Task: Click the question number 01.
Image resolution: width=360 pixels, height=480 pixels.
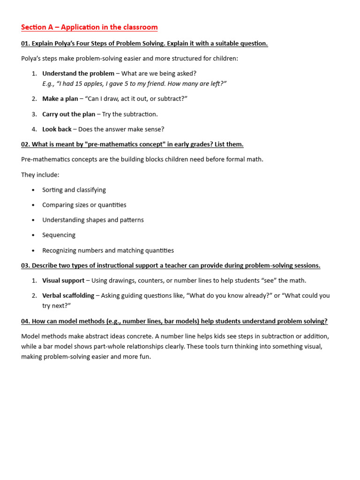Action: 25,44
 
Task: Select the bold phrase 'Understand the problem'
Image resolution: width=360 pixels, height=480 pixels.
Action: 78,74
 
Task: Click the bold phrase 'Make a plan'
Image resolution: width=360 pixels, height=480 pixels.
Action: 60,99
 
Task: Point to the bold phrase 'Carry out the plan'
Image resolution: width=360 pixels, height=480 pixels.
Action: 68,114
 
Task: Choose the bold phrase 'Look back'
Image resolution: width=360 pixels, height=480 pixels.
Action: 57,129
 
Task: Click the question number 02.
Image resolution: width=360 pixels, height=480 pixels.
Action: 25,144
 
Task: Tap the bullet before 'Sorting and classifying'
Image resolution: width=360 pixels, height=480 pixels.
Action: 33,190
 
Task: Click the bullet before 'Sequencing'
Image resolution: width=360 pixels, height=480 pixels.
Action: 33,235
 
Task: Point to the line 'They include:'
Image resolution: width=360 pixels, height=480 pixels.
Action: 40,175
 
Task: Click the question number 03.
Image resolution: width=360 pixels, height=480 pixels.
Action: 25,266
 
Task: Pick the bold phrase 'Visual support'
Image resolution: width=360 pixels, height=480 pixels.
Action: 63,281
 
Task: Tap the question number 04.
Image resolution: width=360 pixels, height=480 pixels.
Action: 25,321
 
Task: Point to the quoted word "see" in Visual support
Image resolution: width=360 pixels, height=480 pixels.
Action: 268,281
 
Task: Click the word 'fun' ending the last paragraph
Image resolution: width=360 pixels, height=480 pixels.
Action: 145,357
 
